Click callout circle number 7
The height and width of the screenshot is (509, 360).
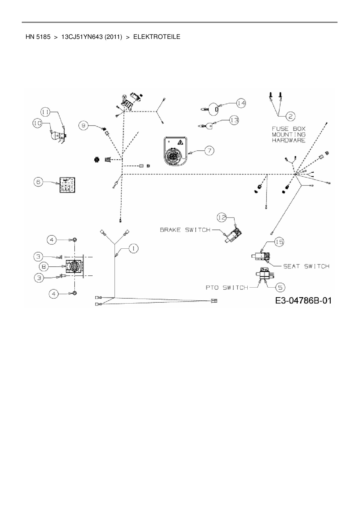pyautogui.click(x=209, y=150)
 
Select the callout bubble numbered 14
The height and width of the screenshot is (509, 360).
pyautogui.click(x=241, y=103)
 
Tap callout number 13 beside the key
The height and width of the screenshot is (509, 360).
pyautogui.click(x=234, y=120)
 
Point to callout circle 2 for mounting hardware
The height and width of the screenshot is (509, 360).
pyautogui.click(x=290, y=116)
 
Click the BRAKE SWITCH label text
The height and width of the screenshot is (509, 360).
pyautogui.click(x=185, y=230)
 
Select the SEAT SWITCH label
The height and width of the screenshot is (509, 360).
pyautogui.click(x=306, y=266)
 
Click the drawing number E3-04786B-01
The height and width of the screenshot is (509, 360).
pyautogui.click(x=303, y=300)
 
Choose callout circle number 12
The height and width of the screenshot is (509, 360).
pyautogui.click(x=222, y=217)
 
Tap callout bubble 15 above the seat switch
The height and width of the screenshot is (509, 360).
pyautogui.click(x=279, y=242)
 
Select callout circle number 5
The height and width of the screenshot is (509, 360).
pyautogui.click(x=280, y=287)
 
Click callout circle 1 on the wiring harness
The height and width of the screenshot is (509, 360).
pyautogui.click(x=133, y=249)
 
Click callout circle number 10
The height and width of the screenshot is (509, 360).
pyautogui.click(x=37, y=123)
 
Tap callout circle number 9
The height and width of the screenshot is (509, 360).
pyautogui.click(x=83, y=125)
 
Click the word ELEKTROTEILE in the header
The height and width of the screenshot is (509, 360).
pyautogui.click(x=157, y=37)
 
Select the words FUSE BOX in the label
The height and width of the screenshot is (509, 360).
pyautogui.click(x=289, y=129)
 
